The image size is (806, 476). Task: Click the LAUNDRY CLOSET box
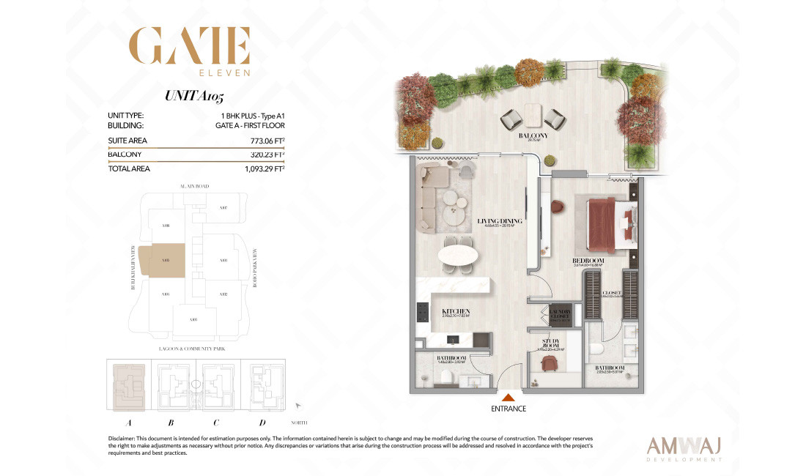560,315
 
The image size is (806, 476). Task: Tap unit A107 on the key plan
223,208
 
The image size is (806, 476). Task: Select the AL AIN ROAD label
193,187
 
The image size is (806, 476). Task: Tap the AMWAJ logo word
684,446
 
